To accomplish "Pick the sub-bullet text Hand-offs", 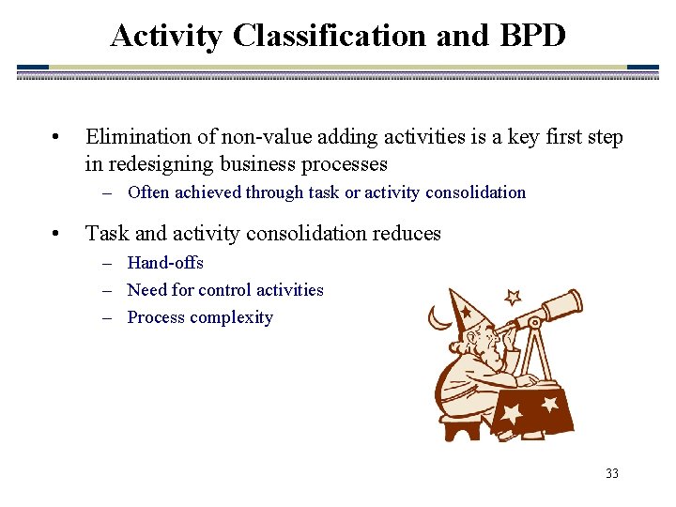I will click(x=165, y=263).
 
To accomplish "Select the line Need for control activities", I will click(x=225, y=290).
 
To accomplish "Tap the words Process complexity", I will click(x=200, y=317).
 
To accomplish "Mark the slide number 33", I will click(x=612, y=474).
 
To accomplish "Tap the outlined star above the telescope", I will click(x=513, y=298).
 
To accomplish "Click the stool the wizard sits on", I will click(x=461, y=427).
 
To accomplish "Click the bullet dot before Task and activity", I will click(x=58, y=234).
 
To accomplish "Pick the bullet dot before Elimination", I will click(x=58, y=138).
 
